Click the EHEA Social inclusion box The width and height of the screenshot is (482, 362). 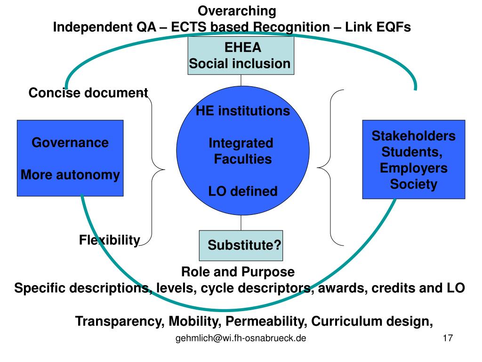241,56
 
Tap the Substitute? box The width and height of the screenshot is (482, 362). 241,246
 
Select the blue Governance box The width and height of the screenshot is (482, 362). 70,158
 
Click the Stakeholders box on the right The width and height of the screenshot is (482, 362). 413,159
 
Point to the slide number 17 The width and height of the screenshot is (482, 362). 448,338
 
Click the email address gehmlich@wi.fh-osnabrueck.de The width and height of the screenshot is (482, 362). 241,338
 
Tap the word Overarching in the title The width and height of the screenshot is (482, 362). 236,10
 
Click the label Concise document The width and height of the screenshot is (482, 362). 88,93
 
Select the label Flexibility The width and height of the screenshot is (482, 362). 109,240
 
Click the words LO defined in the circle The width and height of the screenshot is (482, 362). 242,191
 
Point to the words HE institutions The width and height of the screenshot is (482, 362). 242,111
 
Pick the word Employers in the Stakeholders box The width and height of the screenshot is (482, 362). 414,168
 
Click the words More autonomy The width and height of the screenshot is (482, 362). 70,175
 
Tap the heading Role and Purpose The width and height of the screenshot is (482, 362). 238,272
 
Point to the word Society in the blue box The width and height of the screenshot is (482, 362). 413,184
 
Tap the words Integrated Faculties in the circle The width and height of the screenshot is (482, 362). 241,151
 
